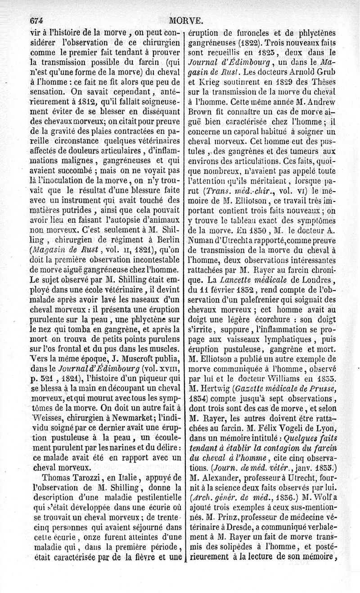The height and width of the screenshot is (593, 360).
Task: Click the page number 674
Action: click(38, 20)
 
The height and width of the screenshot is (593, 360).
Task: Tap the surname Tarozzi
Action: click(95, 477)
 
